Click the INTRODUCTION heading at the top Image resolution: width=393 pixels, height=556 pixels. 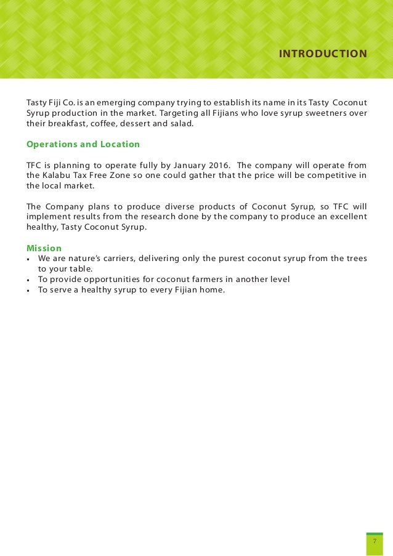[323, 54]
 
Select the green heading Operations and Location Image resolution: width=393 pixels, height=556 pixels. [83, 145]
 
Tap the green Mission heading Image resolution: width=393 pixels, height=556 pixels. [44, 248]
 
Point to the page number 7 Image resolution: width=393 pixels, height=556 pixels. [375, 541]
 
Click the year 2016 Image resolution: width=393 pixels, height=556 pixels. [216, 165]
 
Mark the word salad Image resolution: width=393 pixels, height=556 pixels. [182, 123]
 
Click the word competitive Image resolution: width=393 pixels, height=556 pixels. [330, 175]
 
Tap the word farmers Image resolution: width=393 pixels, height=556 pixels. [210, 280]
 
